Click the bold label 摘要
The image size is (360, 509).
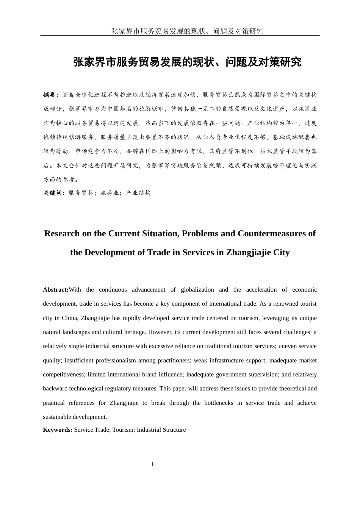coord(49,95)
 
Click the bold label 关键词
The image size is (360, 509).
coord(52,193)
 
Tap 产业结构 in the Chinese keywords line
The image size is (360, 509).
coord(138,193)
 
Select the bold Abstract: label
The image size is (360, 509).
coord(56,290)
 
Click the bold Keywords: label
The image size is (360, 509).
coord(58,430)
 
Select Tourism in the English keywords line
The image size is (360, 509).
coord(123,430)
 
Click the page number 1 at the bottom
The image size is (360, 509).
coord(152,464)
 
